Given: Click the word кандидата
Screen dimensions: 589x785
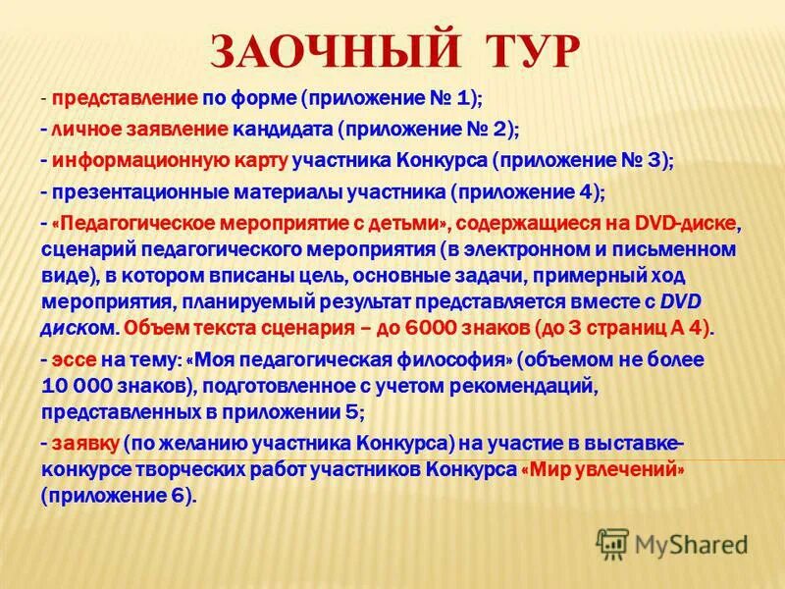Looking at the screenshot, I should click(286, 130).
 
